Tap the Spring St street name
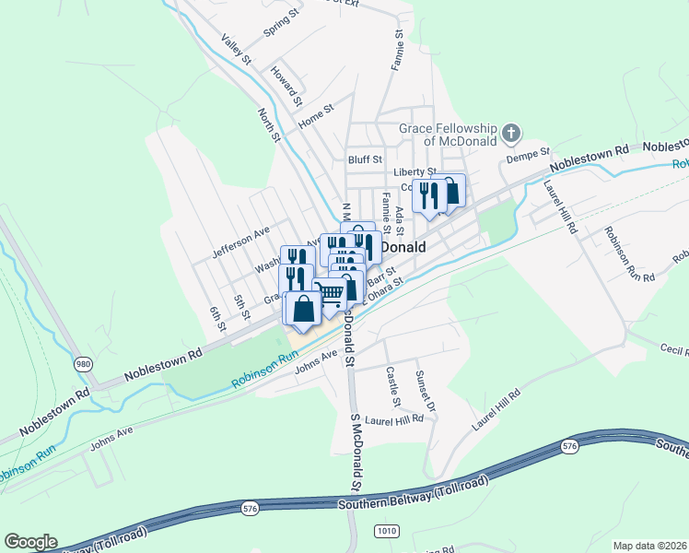282,25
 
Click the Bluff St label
365,159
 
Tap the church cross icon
511,135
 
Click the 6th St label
217,319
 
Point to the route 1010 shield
386,531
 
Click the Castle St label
393,388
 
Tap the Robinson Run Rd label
629,254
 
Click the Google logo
30,542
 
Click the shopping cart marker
331,294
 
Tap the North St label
269,124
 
